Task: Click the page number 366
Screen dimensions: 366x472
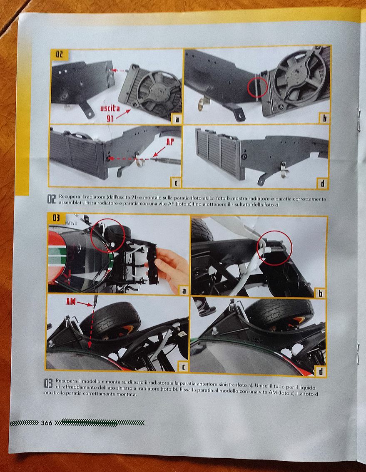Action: tap(46, 423)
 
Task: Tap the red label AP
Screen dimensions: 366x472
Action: tap(170, 142)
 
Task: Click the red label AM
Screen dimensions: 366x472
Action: tap(71, 302)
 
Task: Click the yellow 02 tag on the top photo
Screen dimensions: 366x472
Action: tap(60, 54)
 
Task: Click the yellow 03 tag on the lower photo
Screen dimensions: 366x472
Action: tap(56, 218)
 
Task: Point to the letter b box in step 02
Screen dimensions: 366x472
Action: tap(324, 118)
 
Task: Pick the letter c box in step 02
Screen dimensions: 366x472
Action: tap(176, 182)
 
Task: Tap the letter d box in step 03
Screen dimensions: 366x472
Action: tap(321, 371)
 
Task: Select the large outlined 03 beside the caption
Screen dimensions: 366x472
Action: tap(48, 383)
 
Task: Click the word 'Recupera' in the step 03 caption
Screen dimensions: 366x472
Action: tap(65, 381)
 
